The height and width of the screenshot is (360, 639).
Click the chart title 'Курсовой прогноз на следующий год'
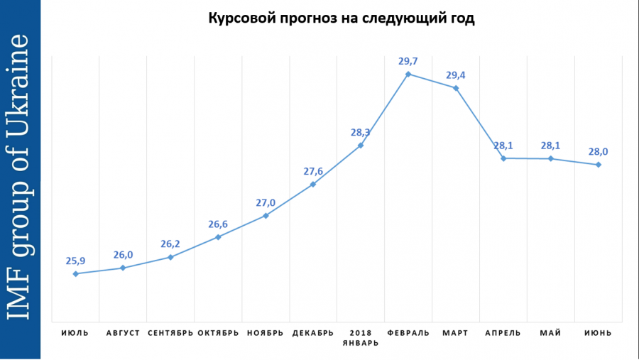click(341, 18)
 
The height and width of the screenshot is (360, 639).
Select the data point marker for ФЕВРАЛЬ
click(408, 74)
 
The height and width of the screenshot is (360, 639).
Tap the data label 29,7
click(408, 62)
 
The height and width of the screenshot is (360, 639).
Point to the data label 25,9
click(75, 261)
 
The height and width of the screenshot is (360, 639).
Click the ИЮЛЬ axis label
click(75, 333)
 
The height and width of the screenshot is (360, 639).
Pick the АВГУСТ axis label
click(123, 333)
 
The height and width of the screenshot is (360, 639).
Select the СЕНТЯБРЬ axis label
click(170, 333)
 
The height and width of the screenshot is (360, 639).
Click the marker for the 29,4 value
click(456, 88)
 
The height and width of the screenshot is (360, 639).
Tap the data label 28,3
click(361, 133)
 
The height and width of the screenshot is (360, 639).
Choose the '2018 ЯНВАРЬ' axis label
click(361, 337)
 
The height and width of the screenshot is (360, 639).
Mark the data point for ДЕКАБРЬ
click(313, 185)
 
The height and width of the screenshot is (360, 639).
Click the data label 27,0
click(266, 203)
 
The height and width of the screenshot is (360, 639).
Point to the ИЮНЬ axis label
click(599, 333)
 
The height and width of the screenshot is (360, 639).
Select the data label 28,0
click(599, 152)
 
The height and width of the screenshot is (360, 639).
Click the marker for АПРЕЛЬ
click(503, 158)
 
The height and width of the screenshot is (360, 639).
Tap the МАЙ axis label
click(551, 333)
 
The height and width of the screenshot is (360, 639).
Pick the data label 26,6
click(218, 224)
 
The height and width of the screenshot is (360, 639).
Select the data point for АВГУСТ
click(123, 268)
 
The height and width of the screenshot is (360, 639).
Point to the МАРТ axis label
click(456, 333)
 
